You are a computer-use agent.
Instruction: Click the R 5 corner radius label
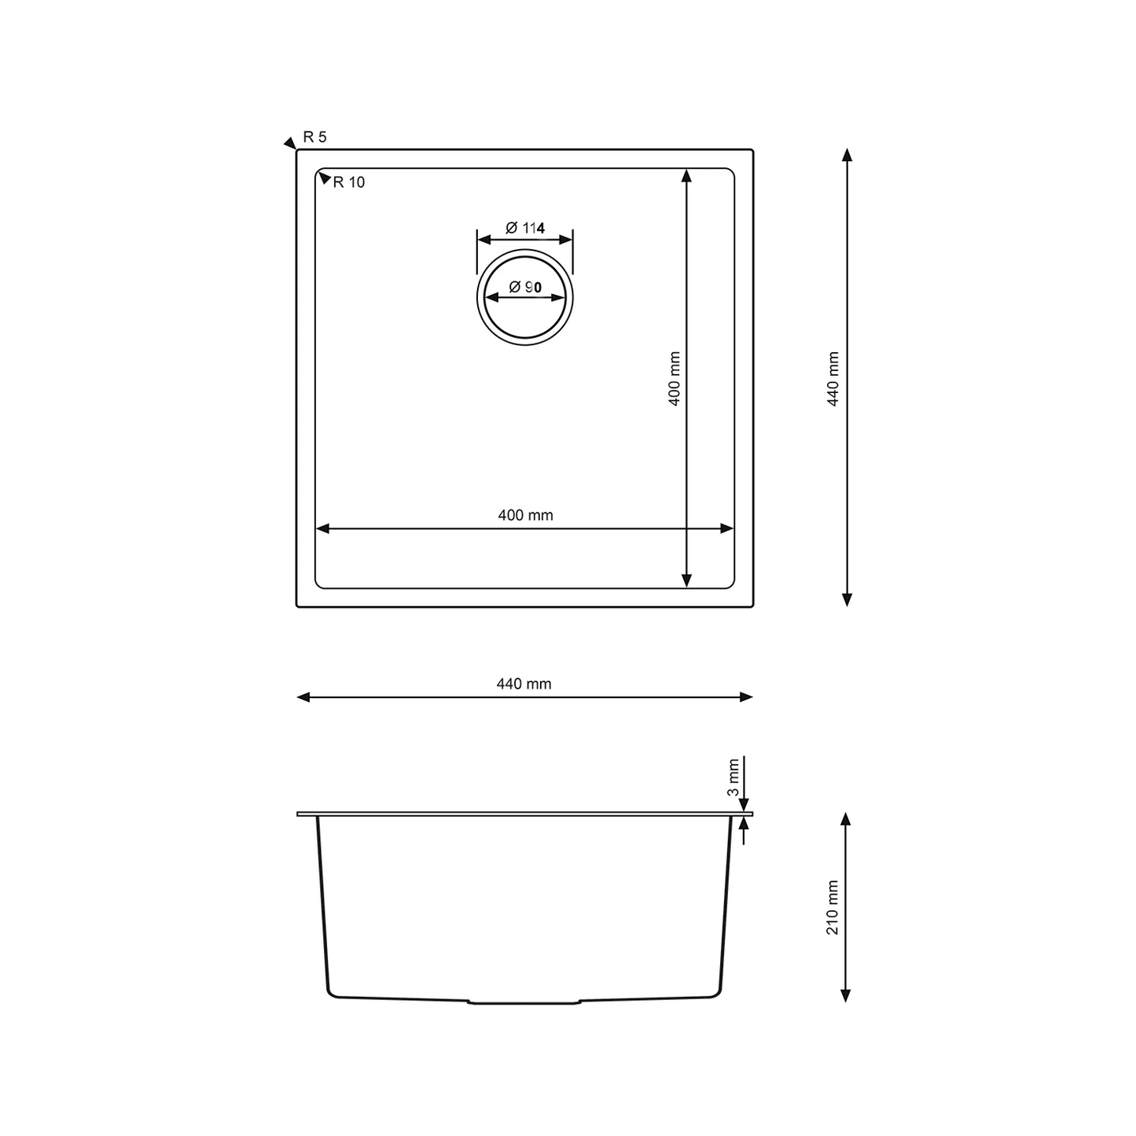pos(314,137)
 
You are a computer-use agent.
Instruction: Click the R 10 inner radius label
pos(348,182)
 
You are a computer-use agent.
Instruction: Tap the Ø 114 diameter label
pos(524,227)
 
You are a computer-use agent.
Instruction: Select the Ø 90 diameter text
pos(524,287)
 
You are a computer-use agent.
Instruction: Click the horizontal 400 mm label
pos(525,515)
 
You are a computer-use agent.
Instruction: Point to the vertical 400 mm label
pos(675,378)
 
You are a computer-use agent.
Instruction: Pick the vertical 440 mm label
pos(833,378)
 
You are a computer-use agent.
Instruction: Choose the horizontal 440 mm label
pos(524,684)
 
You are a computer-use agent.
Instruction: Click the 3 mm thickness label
pos(733,778)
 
